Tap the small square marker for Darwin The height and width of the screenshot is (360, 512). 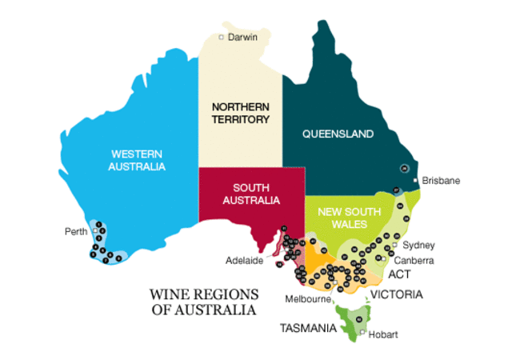coord(222,38)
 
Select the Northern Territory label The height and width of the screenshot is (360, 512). coord(240,113)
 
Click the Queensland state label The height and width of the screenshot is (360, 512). coord(338,134)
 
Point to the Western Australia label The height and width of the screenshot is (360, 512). coord(138,160)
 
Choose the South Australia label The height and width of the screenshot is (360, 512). coord(251,193)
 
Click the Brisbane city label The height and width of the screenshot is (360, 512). coord(441,181)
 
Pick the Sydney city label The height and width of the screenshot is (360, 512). coord(418,245)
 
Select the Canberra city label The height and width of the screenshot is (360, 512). coord(414,261)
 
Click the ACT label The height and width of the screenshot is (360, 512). coord(399,274)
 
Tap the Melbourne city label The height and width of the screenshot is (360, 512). coord(308,299)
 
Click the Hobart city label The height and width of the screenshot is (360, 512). coord(383,334)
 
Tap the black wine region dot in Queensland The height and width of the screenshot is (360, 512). coord(405,168)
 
